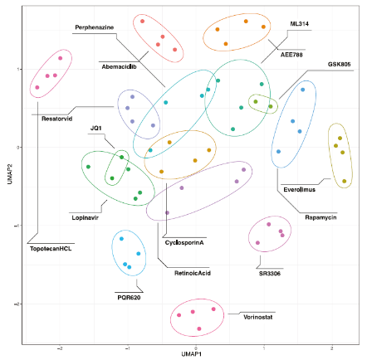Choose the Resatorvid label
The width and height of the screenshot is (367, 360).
55,118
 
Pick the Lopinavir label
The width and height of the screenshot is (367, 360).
86,216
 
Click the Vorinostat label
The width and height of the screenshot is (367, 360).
259,315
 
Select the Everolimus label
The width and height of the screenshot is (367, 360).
297,188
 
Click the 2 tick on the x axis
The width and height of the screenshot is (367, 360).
332,348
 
